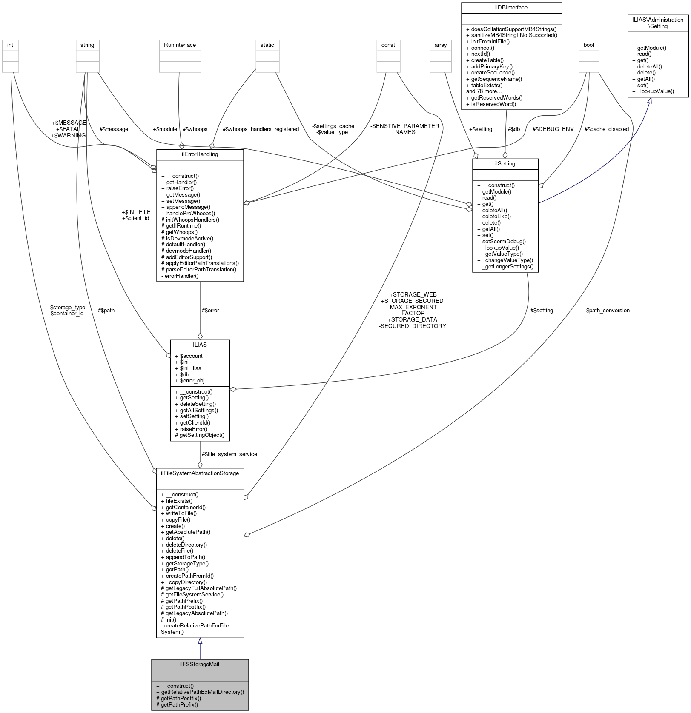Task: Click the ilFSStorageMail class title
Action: [200, 664]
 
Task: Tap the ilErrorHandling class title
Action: [200, 154]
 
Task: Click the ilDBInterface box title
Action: [511, 7]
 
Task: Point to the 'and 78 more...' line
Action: [484, 91]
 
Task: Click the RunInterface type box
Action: [180, 45]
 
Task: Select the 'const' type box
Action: [388, 45]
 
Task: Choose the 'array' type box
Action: [441, 45]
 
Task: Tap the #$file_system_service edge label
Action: [229, 454]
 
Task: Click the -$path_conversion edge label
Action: [607, 310]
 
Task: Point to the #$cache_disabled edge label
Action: [606, 129]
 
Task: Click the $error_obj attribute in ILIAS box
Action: [192, 380]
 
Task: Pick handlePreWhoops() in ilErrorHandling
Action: [190, 213]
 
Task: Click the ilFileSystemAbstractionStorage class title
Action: [200, 473]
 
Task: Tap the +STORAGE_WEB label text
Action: [413, 294]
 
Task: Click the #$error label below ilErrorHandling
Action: [210, 310]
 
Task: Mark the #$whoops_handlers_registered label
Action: [261, 129]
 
